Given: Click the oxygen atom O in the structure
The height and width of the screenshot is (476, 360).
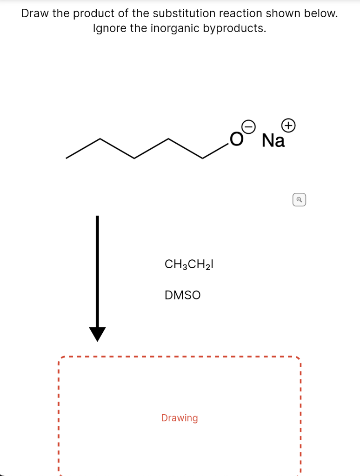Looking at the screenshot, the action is (x=236, y=139).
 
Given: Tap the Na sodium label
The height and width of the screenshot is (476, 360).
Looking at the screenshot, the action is (x=273, y=140).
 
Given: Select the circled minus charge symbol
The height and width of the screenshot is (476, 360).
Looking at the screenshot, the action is (x=250, y=126).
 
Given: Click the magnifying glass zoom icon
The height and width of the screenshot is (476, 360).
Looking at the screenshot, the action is (x=300, y=200).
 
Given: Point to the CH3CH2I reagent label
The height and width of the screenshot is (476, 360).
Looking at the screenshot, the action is (x=189, y=264).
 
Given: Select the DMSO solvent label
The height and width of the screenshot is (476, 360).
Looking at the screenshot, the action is (x=183, y=295).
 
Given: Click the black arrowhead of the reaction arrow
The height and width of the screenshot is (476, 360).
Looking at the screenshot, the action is (x=97, y=333).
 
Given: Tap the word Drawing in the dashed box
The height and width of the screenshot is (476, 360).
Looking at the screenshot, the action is (x=180, y=418).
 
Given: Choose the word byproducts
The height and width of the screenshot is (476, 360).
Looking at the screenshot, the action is (x=234, y=28).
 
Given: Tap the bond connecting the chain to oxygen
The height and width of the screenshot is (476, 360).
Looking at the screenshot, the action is (x=215, y=150).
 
